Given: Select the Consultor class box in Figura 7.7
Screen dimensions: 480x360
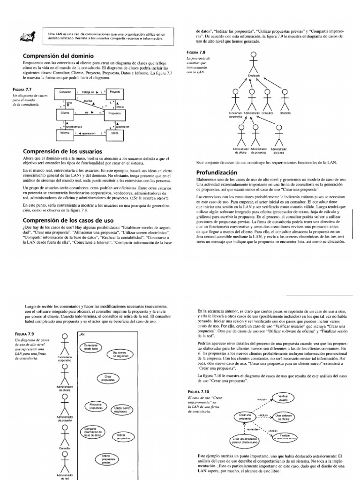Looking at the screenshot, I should [65, 93].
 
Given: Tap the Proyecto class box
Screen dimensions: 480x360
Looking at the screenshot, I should [114, 93].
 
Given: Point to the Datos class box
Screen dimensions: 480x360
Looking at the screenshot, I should [114, 133].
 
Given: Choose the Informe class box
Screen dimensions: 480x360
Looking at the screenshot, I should [65, 133].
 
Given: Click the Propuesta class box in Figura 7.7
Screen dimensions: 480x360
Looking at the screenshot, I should [114, 113].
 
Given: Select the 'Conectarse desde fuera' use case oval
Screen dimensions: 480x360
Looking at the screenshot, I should [91, 347].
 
